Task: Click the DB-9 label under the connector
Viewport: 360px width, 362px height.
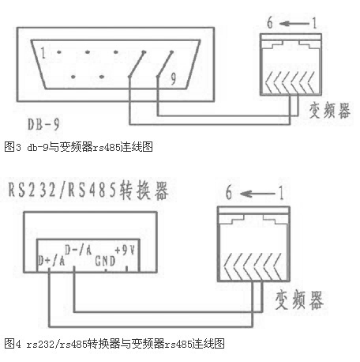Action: tap(43, 124)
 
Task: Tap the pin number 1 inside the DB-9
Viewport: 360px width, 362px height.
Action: tap(43, 53)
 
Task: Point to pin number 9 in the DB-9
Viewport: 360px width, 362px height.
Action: tap(173, 78)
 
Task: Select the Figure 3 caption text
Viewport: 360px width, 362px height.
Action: tap(78, 147)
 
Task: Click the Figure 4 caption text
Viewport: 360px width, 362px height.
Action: tap(114, 344)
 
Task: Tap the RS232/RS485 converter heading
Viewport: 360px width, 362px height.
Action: tap(88, 190)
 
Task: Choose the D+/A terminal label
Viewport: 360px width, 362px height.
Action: tap(51, 261)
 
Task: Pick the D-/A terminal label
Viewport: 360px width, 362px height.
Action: tap(78, 250)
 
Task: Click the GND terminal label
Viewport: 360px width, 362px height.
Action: tap(105, 261)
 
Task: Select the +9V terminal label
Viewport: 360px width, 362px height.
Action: tap(125, 250)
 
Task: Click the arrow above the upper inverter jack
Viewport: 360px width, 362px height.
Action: tap(294, 24)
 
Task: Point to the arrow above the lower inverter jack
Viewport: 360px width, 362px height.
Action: tap(257, 194)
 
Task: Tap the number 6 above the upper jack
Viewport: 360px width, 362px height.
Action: tap(270, 22)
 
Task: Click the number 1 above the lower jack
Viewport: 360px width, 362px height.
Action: tap(281, 193)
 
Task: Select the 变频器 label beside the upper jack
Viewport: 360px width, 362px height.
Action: tap(329, 110)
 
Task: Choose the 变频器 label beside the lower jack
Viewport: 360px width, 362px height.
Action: tap(299, 300)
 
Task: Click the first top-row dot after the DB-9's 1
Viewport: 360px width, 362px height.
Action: tap(59, 52)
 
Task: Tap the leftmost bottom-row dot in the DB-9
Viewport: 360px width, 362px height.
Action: tap(73, 77)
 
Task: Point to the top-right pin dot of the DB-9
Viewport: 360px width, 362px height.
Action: tap(172, 52)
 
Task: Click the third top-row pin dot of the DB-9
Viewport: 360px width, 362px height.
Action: tap(115, 52)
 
